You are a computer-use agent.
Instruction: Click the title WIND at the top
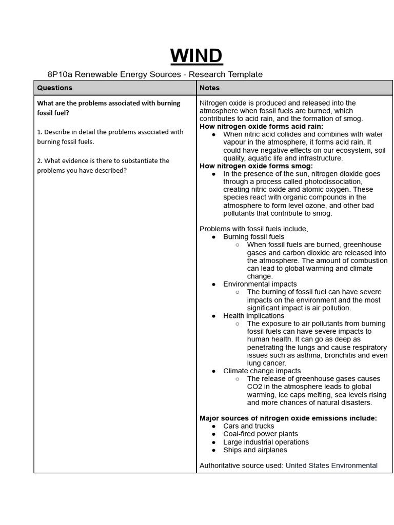(196, 55)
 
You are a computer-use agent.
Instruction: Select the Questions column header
(55, 88)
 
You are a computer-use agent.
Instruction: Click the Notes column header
(209, 88)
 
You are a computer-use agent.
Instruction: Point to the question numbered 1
(110, 136)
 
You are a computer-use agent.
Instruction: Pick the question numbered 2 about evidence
(103, 165)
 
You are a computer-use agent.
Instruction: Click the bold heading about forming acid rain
(261, 126)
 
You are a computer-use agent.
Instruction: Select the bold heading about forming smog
(256, 166)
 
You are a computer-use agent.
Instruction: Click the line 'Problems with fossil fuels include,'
(253, 229)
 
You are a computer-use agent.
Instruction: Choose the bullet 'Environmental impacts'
(260, 284)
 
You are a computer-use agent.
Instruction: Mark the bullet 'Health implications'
(253, 316)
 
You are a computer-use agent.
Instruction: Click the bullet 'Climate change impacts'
(262, 371)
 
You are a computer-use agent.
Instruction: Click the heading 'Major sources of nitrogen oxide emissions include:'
(288, 418)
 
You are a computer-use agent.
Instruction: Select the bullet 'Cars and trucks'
(248, 426)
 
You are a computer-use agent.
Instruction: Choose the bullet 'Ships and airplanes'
(255, 450)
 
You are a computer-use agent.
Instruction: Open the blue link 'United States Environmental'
(331, 466)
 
